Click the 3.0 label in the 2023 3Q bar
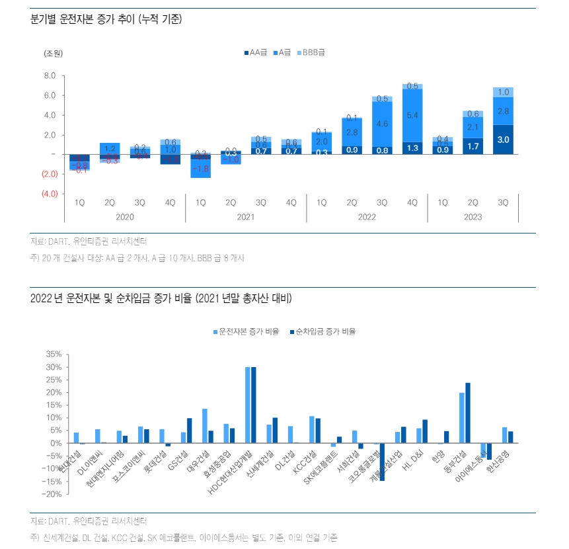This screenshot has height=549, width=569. (504, 140)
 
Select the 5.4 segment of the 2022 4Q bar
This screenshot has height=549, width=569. (412, 116)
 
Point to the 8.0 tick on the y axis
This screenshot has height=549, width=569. (50, 76)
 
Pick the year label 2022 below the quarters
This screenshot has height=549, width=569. (367, 217)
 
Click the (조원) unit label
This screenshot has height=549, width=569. (54, 52)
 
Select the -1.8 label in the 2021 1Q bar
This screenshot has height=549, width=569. (200, 169)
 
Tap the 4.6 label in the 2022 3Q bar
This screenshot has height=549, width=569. (382, 124)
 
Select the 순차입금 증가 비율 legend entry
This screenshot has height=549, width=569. (326, 331)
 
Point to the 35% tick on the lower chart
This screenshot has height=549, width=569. (54, 354)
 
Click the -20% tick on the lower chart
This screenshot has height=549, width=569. (52, 493)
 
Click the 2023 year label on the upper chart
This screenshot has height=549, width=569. (473, 217)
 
